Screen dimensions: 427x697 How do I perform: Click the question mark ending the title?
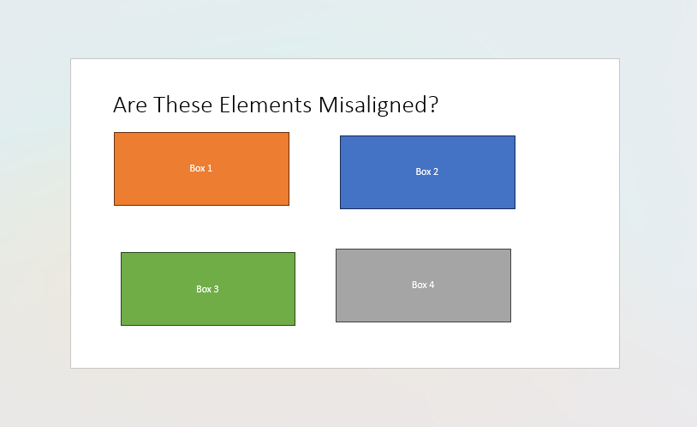[x=433, y=105]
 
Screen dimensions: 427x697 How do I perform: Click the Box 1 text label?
[x=200, y=168]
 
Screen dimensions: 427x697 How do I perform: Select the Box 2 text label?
[x=426, y=171]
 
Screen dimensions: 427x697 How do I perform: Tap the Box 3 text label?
[x=207, y=289]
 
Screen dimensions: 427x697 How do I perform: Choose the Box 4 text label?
[x=423, y=285]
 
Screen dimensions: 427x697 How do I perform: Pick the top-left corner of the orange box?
[x=115, y=133]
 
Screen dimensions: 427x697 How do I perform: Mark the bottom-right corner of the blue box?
[x=515, y=208]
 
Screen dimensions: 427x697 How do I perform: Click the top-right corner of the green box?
[x=295, y=253]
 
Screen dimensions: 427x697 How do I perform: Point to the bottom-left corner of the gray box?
[x=337, y=322]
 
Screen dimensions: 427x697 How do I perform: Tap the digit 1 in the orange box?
[x=210, y=168]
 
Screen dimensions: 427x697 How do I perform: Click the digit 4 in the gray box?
[x=432, y=285]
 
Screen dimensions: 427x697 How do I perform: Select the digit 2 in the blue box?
[x=436, y=171]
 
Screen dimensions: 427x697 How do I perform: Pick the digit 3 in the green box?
[x=217, y=289]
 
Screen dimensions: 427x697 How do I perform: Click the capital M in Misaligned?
[x=327, y=105]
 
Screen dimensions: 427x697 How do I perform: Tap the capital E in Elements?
[x=225, y=105]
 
